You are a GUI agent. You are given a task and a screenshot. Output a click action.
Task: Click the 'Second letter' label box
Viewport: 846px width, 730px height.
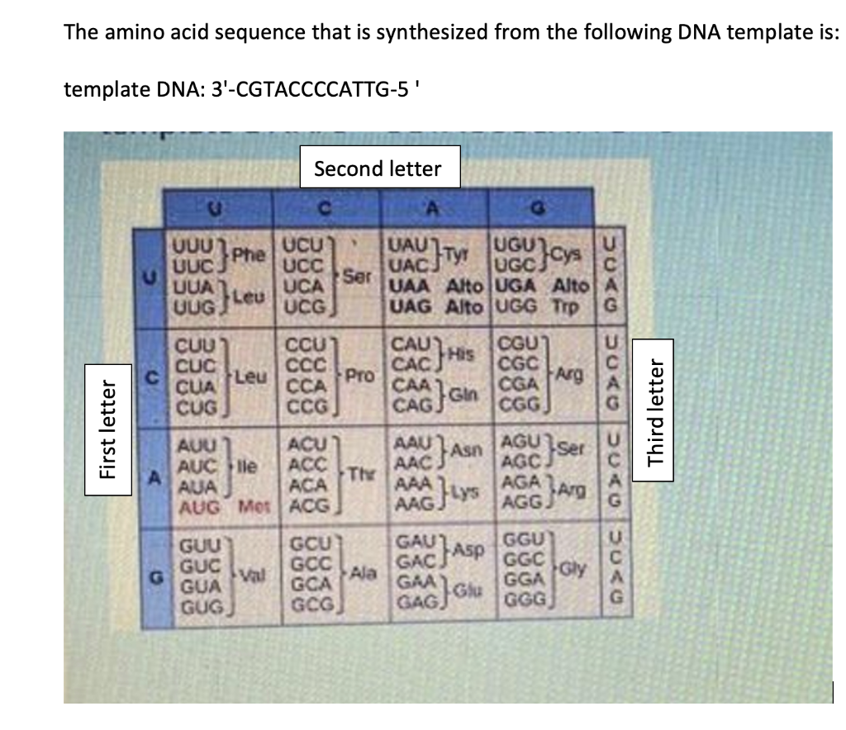tap(378, 169)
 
